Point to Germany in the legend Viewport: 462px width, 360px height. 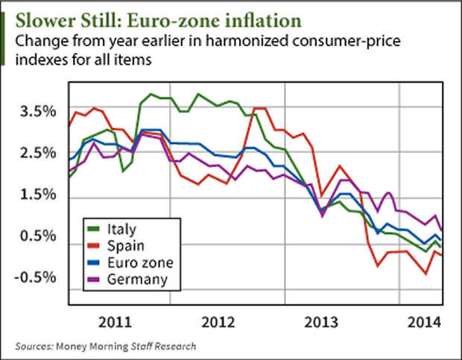coord(136,280)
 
